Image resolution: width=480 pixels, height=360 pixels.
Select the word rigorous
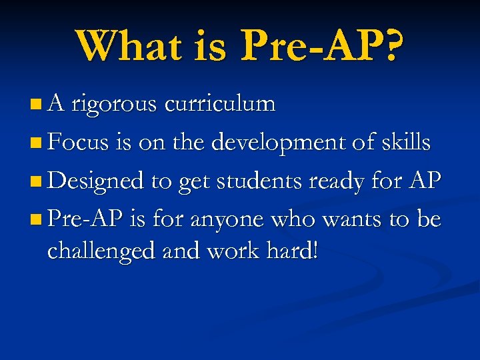tap(114, 104)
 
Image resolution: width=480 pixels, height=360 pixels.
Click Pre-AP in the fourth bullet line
tap(81, 220)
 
